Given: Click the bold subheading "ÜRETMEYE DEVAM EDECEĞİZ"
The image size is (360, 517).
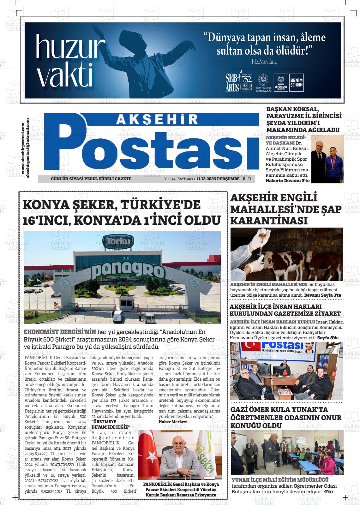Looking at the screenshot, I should (x=111, y=424).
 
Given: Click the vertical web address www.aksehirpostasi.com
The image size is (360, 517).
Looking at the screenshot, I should (x=24, y=149).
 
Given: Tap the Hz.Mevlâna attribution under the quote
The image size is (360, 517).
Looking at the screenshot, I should (x=264, y=62).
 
